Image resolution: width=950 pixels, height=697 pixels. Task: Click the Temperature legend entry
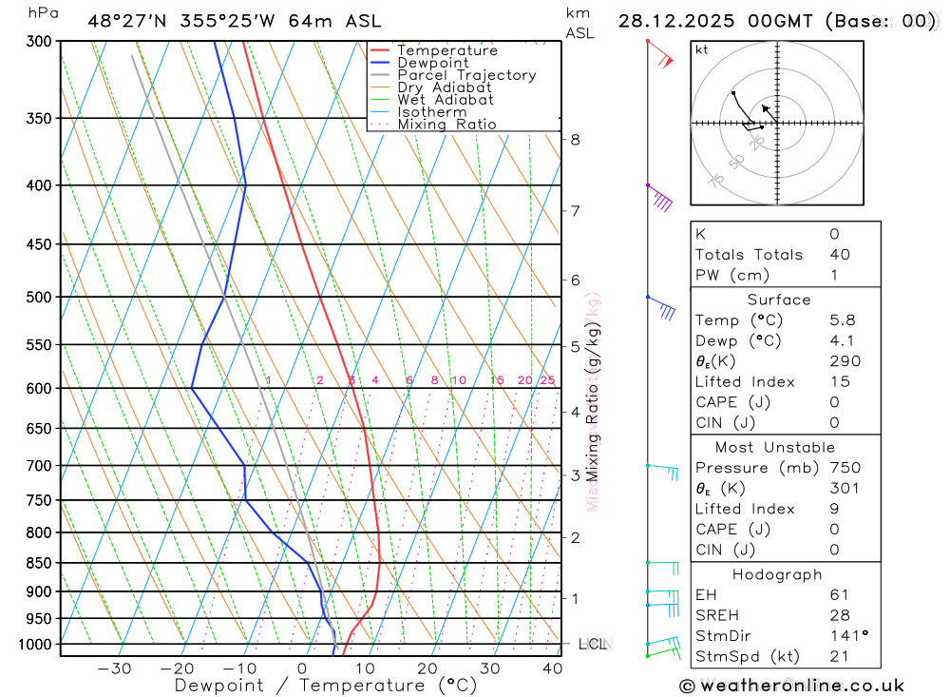pos(446,50)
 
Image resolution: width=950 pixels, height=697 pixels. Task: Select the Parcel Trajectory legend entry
pos(466,75)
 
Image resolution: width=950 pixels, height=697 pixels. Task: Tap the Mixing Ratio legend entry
pos(446,125)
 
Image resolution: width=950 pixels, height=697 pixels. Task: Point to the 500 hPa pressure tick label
pos(40,297)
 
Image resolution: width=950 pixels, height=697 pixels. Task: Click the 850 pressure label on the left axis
pos(40,563)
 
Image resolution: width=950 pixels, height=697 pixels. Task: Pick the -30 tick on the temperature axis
pos(114,668)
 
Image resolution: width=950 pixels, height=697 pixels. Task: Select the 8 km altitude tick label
pos(575,140)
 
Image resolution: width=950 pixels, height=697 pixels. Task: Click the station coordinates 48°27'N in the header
pos(127,21)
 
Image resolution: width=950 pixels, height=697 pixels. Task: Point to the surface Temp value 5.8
pos(841,320)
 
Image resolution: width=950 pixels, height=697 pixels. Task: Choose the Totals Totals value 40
pos(839,255)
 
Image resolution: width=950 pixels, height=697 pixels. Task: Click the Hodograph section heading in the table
pos(777,574)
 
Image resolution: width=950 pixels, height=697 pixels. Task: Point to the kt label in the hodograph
pos(702,49)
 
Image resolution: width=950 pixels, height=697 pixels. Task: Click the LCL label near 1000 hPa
pos(592,645)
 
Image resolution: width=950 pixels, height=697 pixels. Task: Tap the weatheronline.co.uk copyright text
pos(791,686)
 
